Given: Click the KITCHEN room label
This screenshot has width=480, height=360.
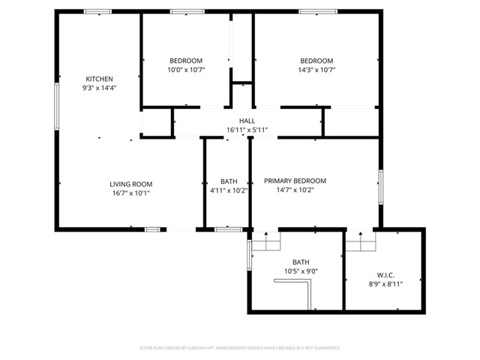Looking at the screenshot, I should click(99, 79).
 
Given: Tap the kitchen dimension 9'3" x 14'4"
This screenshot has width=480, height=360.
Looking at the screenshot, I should click(99, 88).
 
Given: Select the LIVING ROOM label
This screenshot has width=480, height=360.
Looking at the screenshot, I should click(131, 184).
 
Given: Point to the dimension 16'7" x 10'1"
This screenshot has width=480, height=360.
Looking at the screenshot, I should click(131, 193).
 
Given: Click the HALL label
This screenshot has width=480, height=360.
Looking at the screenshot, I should click(247, 121).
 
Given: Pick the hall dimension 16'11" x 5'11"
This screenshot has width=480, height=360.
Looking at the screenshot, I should click(247, 130).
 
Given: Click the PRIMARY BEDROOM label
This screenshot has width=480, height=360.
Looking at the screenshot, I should click(295, 181).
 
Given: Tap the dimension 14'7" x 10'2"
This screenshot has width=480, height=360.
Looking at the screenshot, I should click(295, 190).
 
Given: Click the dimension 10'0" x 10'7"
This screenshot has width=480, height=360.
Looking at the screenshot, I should click(185, 70).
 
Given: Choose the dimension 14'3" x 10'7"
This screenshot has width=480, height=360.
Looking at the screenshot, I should click(316, 70).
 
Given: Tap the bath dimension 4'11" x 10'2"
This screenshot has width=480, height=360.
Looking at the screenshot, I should click(229, 190).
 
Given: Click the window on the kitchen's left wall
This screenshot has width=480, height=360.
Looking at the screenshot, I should click(55, 106).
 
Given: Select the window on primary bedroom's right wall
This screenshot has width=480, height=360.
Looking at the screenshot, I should click(380, 187).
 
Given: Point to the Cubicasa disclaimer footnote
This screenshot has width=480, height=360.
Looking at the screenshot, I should click(240, 348).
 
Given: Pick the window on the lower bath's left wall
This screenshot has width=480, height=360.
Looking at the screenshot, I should click(249, 255).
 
